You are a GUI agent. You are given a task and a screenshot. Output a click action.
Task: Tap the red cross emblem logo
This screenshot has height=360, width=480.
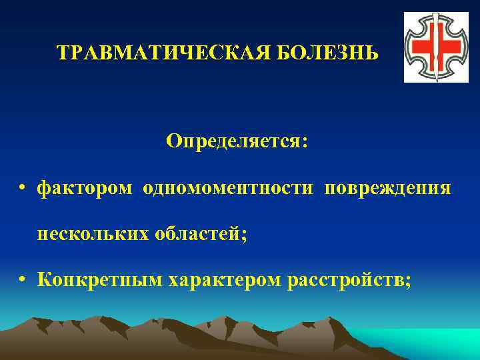pyautogui.click(x=431, y=48)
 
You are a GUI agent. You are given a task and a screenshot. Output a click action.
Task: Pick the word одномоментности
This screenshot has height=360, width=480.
pyautogui.click(x=227, y=189)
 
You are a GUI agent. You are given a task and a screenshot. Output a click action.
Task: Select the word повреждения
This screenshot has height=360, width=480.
pyautogui.click(x=388, y=189)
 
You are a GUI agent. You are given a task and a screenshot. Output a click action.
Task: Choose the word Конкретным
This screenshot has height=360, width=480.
pyautogui.click(x=100, y=281)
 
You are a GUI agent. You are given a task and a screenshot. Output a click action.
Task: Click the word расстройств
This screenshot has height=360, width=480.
pyautogui.click(x=345, y=281)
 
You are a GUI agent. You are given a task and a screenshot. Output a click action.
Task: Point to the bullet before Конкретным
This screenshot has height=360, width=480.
pyautogui.click(x=23, y=281)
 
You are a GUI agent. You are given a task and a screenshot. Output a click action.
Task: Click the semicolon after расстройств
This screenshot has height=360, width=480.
pyautogui.click(x=407, y=283)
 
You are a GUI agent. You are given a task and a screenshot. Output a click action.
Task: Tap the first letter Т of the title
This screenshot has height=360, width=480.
pyautogui.click(x=62, y=52)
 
